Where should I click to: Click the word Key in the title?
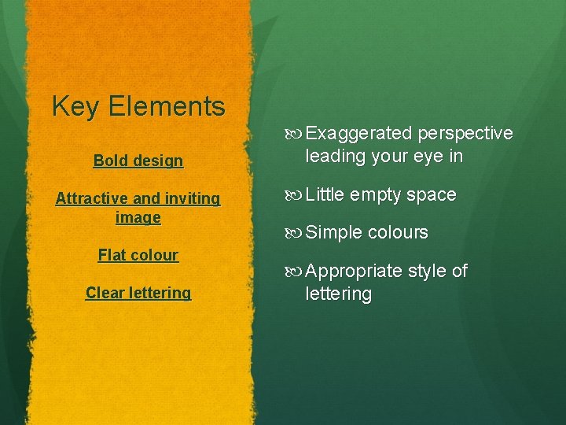pyautogui.click(x=75, y=106)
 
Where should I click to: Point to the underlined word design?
pyautogui.click(x=157, y=161)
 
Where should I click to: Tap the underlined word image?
pyautogui.click(x=138, y=218)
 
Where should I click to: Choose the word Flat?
pyautogui.click(x=112, y=255)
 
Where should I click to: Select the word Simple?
pyautogui.click(x=333, y=233)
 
